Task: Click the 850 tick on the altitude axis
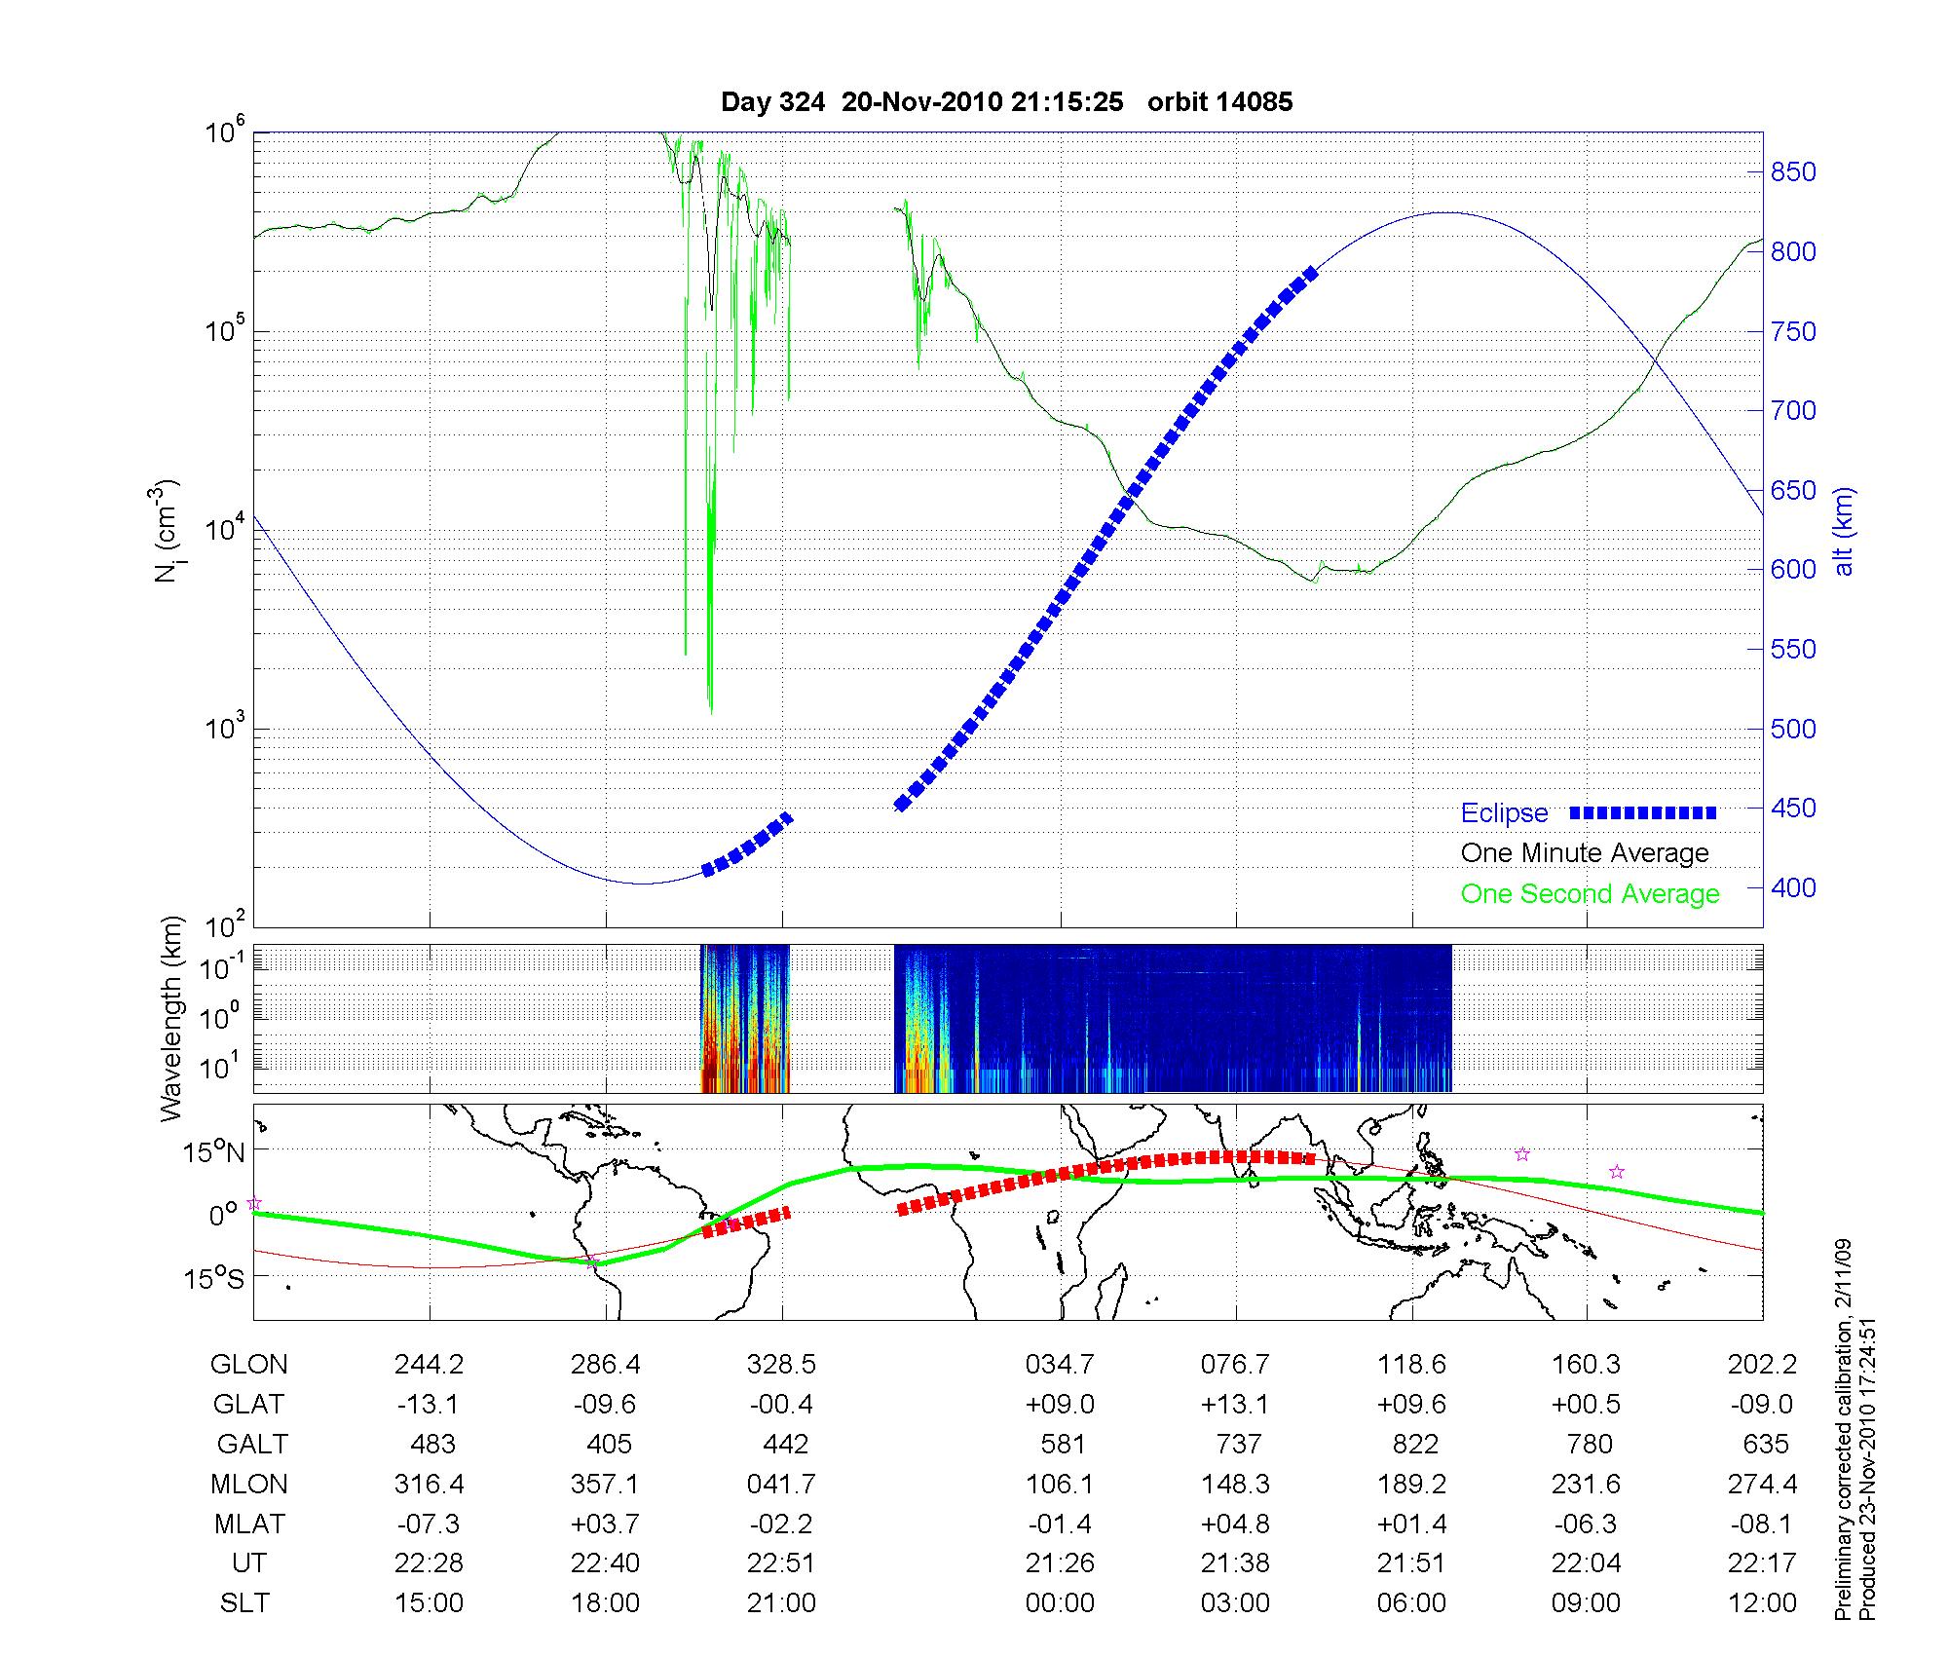[x=1793, y=172]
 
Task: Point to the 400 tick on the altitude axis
[x=1793, y=888]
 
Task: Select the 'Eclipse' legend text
[x=1504, y=813]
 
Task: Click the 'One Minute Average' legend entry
[x=1585, y=853]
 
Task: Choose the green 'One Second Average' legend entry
[x=1590, y=894]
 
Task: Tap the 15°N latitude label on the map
[x=214, y=1153]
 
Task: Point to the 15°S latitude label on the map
[x=214, y=1278]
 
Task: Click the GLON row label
[x=248, y=1365]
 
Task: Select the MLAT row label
[x=250, y=1524]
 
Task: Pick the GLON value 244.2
[x=429, y=1365]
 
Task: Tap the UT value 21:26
[x=1060, y=1563]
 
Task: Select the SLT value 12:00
[x=1762, y=1603]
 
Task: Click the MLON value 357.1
[x=605, y=1484]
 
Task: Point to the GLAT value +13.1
[x=1236, y=1404]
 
